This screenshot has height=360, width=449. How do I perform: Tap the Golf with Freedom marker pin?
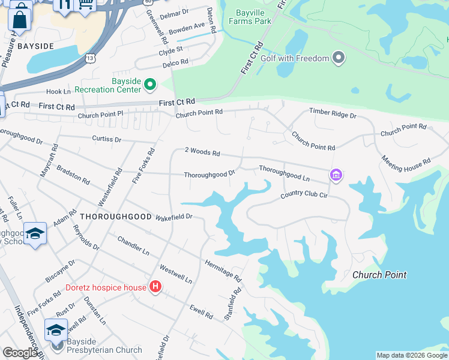click(x=339, y=58)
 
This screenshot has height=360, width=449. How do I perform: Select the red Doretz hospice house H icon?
click(x=155, y=287)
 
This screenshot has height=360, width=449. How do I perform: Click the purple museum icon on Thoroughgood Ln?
click(x=336, y=175)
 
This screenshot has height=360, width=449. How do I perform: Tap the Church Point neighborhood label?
click(x=379, y=275)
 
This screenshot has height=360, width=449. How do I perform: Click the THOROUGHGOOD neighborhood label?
click(x=115, y=216)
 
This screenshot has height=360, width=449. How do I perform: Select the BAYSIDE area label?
click(x=35, y=46)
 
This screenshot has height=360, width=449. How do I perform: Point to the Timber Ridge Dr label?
click(x=333, y=113)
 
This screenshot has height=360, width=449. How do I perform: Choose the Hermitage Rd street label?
click(x=223, y=271)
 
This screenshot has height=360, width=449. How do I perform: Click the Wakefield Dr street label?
click(x=173, y=216)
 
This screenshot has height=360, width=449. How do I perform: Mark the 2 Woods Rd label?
click(x=202, y=152)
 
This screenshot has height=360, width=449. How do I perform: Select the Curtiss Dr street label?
click(x=107, y=139)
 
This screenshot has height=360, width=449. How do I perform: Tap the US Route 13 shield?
click(x=90, y=58)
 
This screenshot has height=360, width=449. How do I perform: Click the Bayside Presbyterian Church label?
click(x=104, y=346)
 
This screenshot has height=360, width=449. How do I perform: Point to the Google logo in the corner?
click(x=20, y=353)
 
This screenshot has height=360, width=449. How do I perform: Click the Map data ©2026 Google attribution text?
click(x=412, y=355)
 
